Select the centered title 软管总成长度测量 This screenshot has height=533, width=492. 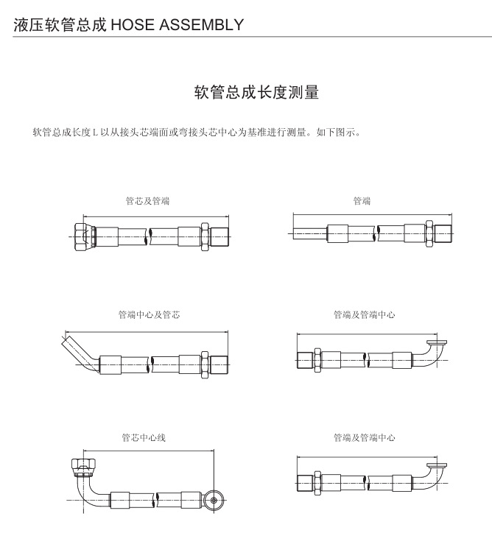point(256,93)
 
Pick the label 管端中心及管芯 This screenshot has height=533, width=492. point(149,314)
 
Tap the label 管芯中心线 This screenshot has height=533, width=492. point(144,437)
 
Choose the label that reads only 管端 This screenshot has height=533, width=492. point(362,200)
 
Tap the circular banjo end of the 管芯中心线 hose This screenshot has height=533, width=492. point(215,498)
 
